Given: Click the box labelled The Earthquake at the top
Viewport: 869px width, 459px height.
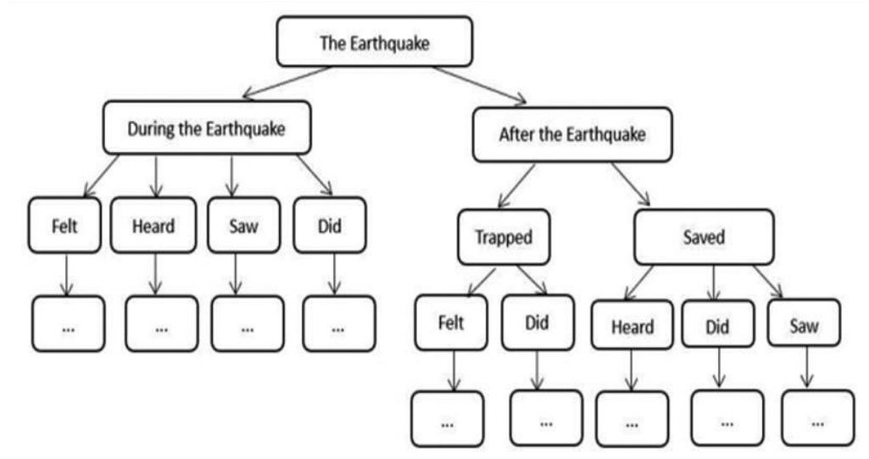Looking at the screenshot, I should click(374, 42).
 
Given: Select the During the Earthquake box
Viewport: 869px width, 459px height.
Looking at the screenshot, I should click(206, 128).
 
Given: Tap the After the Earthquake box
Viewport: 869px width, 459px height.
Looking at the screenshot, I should click(572, 134).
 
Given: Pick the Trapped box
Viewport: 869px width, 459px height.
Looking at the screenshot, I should click(504, 237).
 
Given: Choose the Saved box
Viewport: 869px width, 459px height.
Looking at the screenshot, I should click(704, 237).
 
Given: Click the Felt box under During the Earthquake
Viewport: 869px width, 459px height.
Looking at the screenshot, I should click(64, 226).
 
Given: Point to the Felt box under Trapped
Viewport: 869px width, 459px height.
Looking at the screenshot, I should click(451, 323).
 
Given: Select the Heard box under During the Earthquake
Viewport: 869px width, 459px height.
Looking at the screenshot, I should click(153, 226).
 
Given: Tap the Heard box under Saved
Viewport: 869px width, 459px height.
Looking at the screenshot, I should click(632, 327).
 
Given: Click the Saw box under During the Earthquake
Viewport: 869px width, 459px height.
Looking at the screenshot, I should click(243, 226).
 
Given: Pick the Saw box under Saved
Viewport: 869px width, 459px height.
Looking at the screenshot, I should click(804, 325).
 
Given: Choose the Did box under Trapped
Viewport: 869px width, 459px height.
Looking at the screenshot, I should click(537, 323).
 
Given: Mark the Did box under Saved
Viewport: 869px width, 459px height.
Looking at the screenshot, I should click(717, 327).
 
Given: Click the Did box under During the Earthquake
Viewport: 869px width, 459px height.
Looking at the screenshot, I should click(330, 226).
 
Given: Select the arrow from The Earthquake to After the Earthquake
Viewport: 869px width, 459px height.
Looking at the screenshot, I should click(479, 84).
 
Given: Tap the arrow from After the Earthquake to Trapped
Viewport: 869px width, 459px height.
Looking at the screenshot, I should click(517, 185).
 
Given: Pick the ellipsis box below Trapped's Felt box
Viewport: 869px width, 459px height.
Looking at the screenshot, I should click(448, 419).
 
